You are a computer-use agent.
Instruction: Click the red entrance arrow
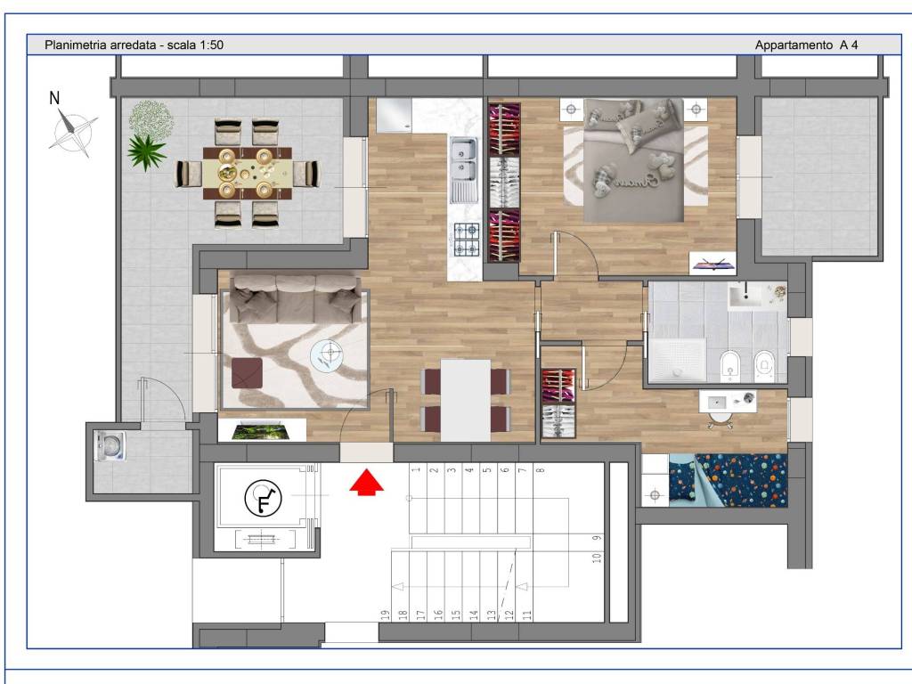click(366, 483)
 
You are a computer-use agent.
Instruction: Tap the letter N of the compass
click(54, 98)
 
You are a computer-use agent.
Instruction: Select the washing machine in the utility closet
click(110, 446)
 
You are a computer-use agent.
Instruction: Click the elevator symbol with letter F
click(264, 499)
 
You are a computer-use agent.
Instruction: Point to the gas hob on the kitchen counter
click(467, 240)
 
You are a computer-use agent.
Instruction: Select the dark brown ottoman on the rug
click(248, 373)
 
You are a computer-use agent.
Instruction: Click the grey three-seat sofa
click(296, 298)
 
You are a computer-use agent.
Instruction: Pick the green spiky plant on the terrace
click(146, 151)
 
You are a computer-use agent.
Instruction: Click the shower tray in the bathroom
click(678, 360)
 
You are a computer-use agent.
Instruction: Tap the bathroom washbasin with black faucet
click(745, 296)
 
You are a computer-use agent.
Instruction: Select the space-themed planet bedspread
click(728, 480)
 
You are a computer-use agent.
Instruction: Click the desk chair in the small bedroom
click(721, 419)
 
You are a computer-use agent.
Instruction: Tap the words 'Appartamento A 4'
click(806, 45)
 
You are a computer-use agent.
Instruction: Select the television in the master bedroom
click(712, 264)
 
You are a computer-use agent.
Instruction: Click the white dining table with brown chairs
click(465, 400)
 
